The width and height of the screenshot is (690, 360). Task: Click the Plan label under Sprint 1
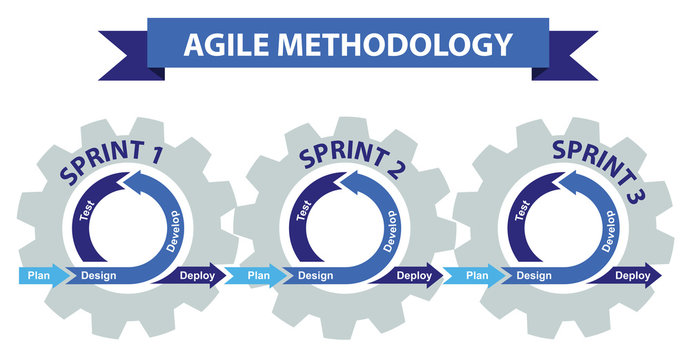pos(40,275)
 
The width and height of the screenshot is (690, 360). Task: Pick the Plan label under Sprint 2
pos(259,275)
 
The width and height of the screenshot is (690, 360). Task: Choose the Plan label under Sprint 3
pos(478,275)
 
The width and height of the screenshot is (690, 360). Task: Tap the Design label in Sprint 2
pos(316,275)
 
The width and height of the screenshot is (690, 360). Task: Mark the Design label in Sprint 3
pos(534,275)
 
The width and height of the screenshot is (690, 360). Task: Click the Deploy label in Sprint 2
pos(413,275)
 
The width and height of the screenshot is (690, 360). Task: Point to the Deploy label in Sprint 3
pos(632,275)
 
